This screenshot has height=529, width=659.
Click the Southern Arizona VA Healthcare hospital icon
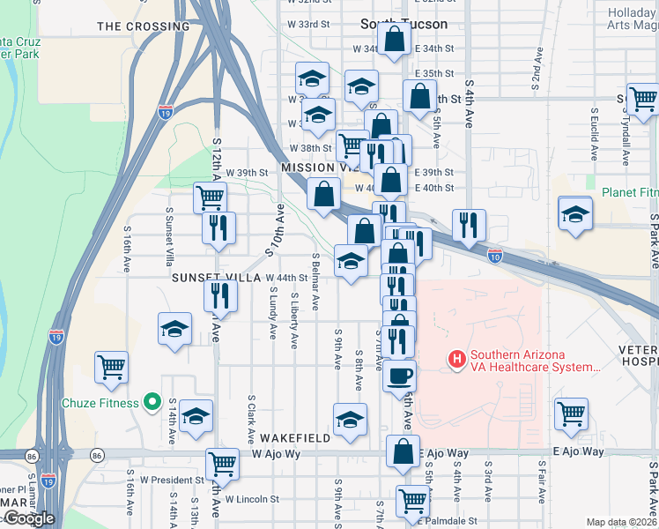456,359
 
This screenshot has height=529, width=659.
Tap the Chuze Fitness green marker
152,403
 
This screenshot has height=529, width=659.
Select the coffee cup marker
399,375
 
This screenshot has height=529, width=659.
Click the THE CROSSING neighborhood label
143,26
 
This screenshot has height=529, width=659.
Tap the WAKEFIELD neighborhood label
293,438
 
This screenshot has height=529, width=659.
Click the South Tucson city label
404,24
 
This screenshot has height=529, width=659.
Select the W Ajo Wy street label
284,454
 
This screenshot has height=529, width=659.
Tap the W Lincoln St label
252,498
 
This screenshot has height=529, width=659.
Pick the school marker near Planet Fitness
575,213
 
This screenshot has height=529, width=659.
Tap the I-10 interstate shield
496,256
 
